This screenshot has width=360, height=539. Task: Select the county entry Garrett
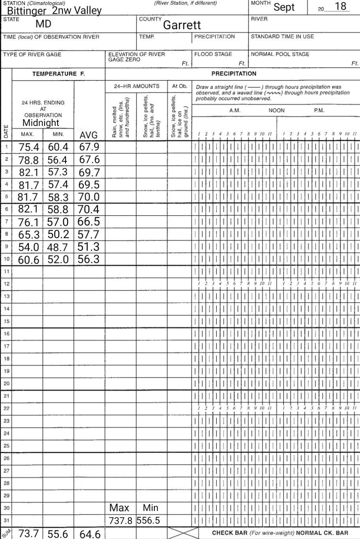tap(182, 25)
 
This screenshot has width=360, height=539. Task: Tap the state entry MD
tap(43, 24)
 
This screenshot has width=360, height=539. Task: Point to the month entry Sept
tap(284, 7)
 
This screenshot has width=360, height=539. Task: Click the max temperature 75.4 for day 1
tap(29, 147)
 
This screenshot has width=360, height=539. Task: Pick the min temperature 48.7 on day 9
tap(58, 247)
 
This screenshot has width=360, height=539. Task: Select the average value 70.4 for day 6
tap(88, 209)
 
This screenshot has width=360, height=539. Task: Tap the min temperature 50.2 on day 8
tap(58, 234)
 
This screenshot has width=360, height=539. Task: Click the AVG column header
tap(88, 135)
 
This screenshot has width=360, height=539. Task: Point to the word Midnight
tap(41, 122)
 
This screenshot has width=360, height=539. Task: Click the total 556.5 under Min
tap(148, 521)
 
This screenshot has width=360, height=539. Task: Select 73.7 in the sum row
tap(29, 533)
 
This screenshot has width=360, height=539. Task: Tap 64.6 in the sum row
tap(90, 534)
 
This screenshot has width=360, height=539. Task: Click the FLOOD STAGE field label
tap(213, 54)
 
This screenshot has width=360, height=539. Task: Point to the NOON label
tap(276, 111)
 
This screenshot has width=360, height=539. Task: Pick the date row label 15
tap(6, 321)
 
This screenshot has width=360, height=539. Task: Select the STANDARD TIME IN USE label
tap(283, 36)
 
